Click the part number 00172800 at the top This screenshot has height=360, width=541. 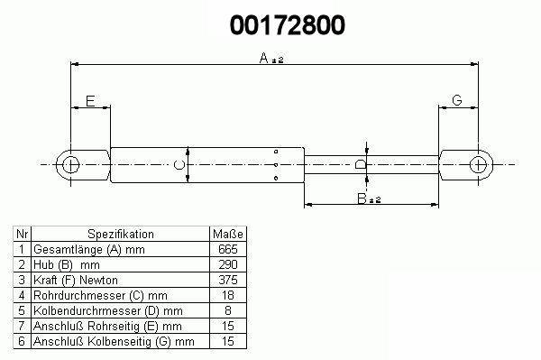pos(287,25)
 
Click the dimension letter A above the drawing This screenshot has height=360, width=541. pos(263,58)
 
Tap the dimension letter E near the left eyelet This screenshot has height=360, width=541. pos(90,101)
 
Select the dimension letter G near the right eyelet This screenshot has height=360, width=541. pos(457,100)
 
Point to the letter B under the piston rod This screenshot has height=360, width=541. pos(362,198)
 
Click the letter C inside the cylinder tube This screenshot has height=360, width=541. pos(179,165)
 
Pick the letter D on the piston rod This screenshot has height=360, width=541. pos(361,164)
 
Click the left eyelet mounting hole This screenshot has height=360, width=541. pos(70,164)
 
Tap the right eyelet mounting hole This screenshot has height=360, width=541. pos(478,164)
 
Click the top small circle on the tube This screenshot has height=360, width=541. pos(276,152)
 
